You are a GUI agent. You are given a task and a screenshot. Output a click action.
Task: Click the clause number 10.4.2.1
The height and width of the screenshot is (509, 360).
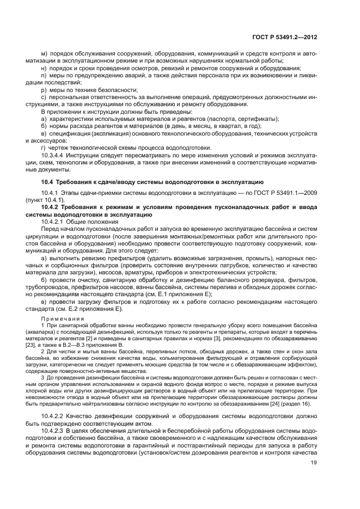pyautogui.click(x=54, y=222)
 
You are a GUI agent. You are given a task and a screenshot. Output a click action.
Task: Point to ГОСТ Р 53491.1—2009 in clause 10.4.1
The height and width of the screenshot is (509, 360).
pyautogui.click(x=283, y=193)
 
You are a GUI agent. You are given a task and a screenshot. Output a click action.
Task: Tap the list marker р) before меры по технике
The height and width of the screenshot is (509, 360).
pyautogui.click(x=45, y=89)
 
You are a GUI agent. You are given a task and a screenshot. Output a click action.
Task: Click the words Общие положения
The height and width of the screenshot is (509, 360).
pyautogui.click(x=90, y=222)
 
